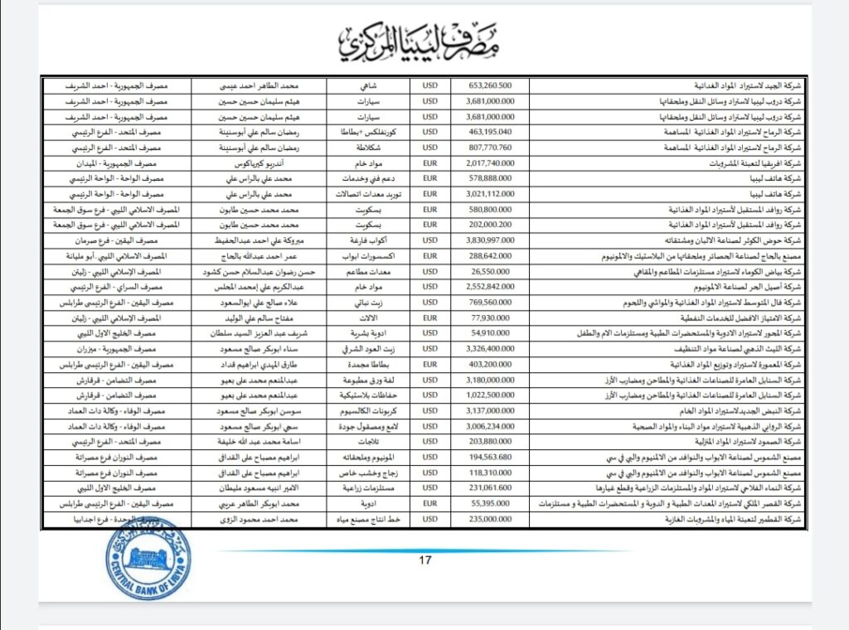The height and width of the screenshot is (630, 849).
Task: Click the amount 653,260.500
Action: click(491, 85)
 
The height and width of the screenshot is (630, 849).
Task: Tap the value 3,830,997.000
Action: click(491, 240)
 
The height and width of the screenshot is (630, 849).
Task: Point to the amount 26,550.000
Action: click(491, 271)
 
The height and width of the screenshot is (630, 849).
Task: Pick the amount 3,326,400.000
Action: click(491, 348)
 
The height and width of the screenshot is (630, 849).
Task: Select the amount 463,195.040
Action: click(491, 132)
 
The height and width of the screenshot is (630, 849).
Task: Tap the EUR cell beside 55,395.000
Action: click(429, 503)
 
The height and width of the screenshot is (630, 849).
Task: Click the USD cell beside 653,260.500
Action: click(429, 85)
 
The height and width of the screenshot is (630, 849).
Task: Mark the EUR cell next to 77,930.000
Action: click(429, 317)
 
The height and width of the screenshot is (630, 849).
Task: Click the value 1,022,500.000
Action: click(491, 395)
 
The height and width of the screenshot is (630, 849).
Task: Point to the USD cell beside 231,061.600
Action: click(429, 487)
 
